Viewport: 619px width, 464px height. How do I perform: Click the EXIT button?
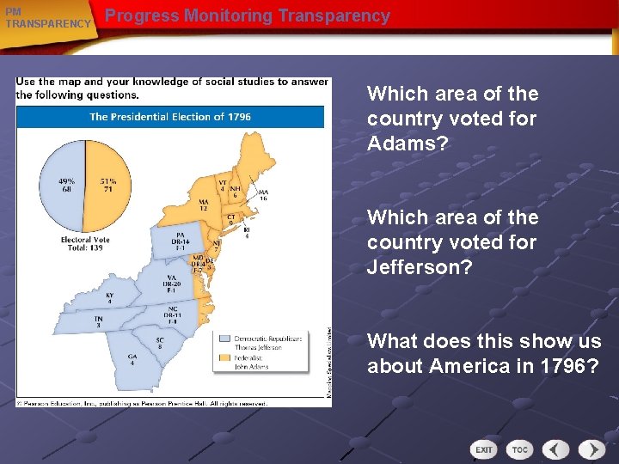pyautogui.click(x=485, y=449)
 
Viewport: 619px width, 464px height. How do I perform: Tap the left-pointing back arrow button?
pyautogui.click(x=557, y=449)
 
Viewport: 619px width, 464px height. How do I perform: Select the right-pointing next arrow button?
pyautogui.click(x=591, y=449)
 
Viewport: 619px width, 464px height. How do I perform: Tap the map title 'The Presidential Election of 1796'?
pyautogui.click(x=170, y=116)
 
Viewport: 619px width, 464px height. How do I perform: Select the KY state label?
pyautogui.click(x=110, y=297)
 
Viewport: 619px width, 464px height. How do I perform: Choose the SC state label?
pyautogui.click(x=160, y=341)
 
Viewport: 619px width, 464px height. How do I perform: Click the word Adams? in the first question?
pyautogui.click(x=408, y=143)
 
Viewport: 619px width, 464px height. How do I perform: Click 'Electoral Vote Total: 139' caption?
pyautogui.click(x=84, y=243)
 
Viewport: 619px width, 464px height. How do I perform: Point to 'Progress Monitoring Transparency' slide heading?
pyautogui.click(x=248, y=16)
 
